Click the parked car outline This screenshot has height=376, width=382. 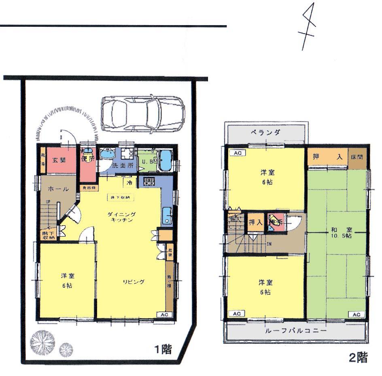click(142, 114)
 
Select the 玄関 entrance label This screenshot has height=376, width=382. click(59, 159)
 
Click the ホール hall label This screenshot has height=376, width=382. click(56, 189)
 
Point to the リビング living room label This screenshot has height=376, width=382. click(134, 282)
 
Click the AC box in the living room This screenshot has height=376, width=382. click(164, 314)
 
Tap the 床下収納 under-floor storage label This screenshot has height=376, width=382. click(119, 197)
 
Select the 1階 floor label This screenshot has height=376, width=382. click(163, 350)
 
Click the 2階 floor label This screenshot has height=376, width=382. click(358, 357)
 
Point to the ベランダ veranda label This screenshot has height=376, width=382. click(266, 132)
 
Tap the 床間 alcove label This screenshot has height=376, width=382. click(357, 156)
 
